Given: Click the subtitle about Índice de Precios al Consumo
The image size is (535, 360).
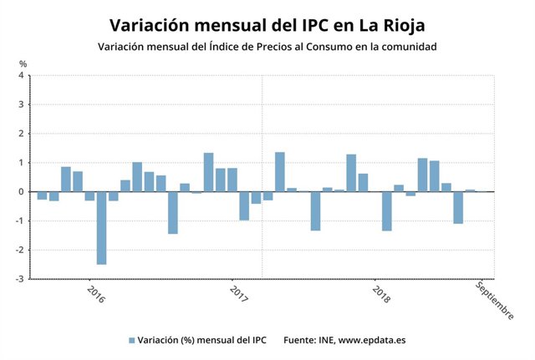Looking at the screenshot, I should coord(267,47).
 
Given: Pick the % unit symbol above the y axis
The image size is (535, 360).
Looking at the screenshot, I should coord(23,63).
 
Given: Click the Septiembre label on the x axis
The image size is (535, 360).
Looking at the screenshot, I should coord(494,299).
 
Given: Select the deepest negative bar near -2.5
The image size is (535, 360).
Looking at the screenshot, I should coord(101,227).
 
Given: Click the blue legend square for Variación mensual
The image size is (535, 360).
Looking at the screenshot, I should coord(132,341).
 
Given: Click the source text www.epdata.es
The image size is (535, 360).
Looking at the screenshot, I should coord(371,341).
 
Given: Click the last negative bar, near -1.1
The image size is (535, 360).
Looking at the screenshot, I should coord(458,207).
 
